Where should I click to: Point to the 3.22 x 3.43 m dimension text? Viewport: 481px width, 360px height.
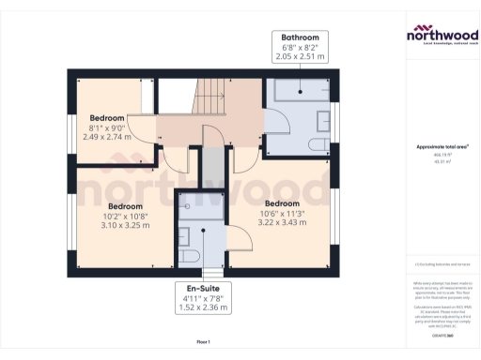[282, 222]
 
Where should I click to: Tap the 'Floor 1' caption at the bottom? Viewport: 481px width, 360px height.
[204, 341]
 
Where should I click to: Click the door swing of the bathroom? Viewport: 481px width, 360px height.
[274, 122]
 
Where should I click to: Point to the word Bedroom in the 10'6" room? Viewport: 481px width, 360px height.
[282, 203]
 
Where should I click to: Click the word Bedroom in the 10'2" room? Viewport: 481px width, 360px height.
[125, 206]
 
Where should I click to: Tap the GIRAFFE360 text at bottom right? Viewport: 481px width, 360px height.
[442, 335]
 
